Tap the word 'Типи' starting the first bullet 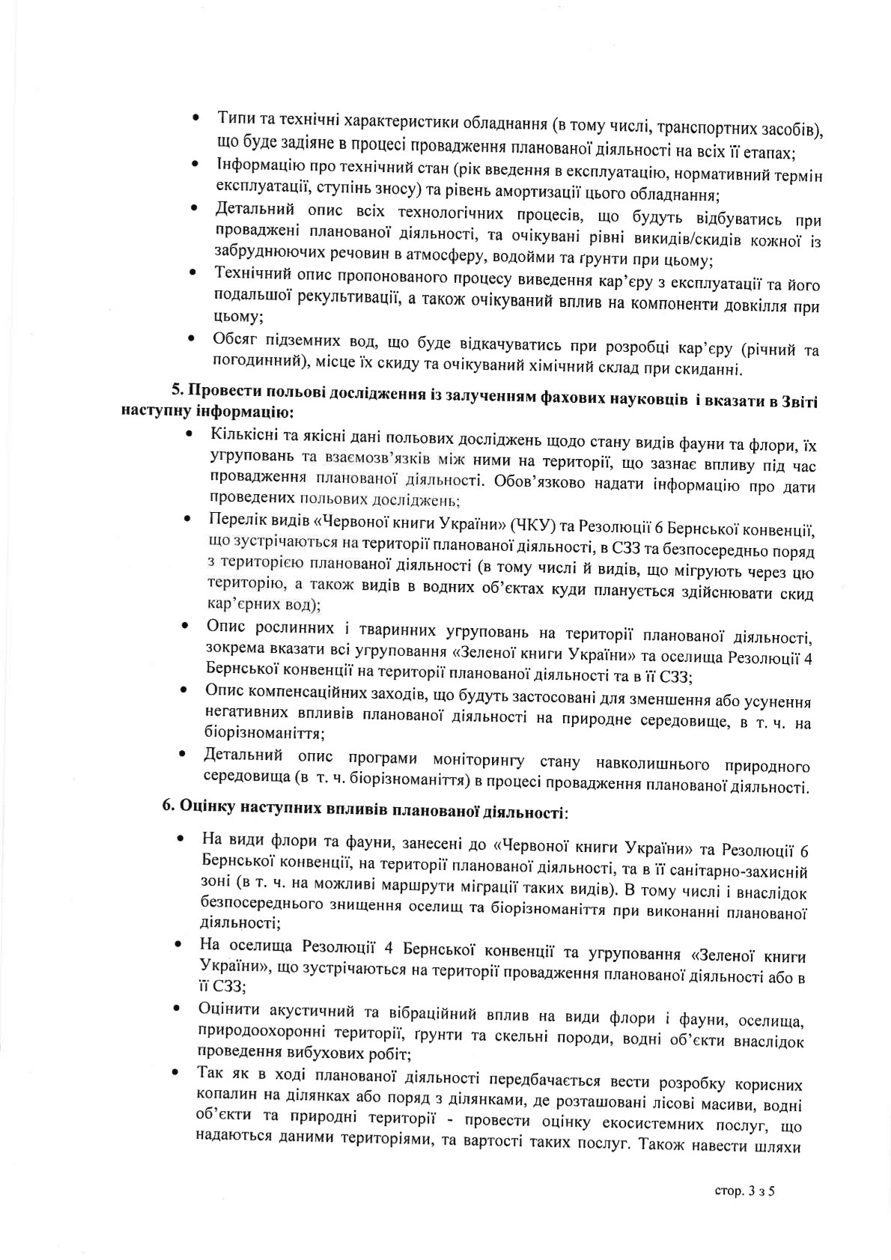[x=234, y=119]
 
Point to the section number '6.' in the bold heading [x=168, y=809]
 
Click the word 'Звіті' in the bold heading [x=797, y=401]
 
